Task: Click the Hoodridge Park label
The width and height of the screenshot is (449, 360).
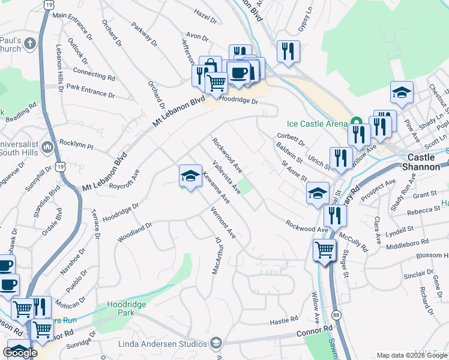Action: (126, 308)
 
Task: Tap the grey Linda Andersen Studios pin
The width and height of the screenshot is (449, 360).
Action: (215, 343)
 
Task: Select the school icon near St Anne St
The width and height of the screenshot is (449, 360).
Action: (318, 193)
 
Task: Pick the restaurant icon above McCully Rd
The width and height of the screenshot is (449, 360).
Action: (335, 215)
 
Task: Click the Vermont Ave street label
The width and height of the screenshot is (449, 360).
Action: (223, 223)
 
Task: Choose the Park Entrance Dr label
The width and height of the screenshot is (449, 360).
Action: (91, 91)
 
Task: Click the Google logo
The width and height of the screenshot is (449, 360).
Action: (20, 353)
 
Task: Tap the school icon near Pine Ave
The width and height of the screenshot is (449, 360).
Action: (402, 92)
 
